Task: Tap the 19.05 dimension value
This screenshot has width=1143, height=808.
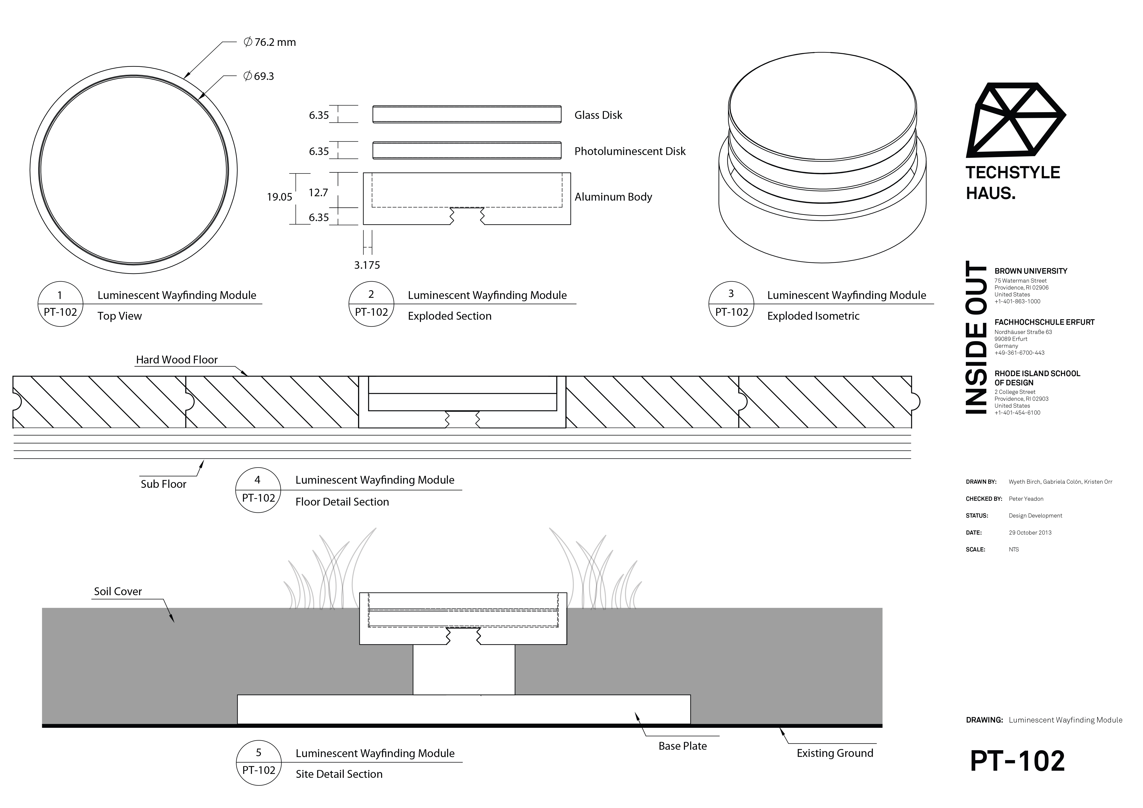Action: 279,197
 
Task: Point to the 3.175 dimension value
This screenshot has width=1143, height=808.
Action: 367,265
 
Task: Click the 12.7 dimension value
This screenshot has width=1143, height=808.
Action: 318,193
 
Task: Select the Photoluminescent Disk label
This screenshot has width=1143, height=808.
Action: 630,151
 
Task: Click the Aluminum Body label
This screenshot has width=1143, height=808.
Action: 613,197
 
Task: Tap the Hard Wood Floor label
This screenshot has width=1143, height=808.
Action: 177,360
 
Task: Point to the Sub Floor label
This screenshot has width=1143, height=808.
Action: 163,484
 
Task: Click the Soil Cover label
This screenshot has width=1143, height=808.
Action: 118,591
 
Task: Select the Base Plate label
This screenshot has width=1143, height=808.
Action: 682,746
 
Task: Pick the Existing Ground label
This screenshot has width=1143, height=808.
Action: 835,753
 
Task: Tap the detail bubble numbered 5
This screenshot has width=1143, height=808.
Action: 258,763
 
